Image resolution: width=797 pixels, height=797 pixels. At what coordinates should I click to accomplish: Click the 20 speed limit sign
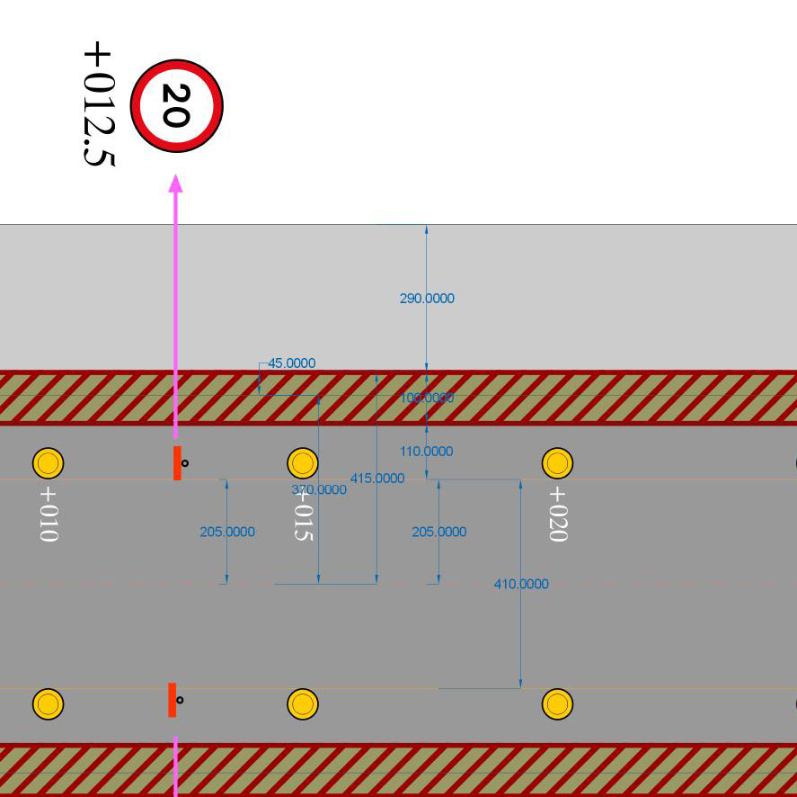pos(176,105)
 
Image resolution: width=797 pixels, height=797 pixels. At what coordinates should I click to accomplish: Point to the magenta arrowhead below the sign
pos(175,183)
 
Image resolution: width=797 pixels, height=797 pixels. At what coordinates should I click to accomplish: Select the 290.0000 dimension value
pos(427,298)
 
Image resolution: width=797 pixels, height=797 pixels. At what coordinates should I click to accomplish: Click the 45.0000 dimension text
pos(292,363)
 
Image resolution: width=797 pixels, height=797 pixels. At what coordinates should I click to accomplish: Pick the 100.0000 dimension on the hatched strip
pos(427,398)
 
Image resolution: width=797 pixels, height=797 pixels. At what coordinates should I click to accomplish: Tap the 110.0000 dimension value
pos(427,452)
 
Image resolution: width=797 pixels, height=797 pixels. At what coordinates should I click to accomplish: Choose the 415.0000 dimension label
pos(376,478)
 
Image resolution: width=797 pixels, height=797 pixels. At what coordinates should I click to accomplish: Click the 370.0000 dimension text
pos(319,489)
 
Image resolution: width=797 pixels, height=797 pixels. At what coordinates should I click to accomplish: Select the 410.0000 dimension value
pos(521,584)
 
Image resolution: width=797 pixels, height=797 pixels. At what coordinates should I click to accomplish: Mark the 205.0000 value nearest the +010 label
pos(227,532)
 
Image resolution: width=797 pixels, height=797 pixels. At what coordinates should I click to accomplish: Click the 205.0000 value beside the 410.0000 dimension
pos(439,532)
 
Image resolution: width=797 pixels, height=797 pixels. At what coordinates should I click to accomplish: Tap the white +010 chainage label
pos(48,514)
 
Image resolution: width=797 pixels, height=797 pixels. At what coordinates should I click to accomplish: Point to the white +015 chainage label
pos(303,514)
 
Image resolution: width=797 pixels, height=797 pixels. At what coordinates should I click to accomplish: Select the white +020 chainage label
pos(557,514)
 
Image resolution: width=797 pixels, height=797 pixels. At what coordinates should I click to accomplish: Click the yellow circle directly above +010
pos(48,463)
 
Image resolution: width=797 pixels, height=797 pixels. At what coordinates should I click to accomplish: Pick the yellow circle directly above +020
pos(557,463)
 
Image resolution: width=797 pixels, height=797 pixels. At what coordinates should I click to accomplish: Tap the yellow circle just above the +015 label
pos(303,463)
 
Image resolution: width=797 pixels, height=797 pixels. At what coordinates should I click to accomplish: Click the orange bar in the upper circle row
pos(177,462)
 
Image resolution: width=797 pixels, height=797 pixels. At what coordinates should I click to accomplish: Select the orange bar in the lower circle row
pos(172,700)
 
